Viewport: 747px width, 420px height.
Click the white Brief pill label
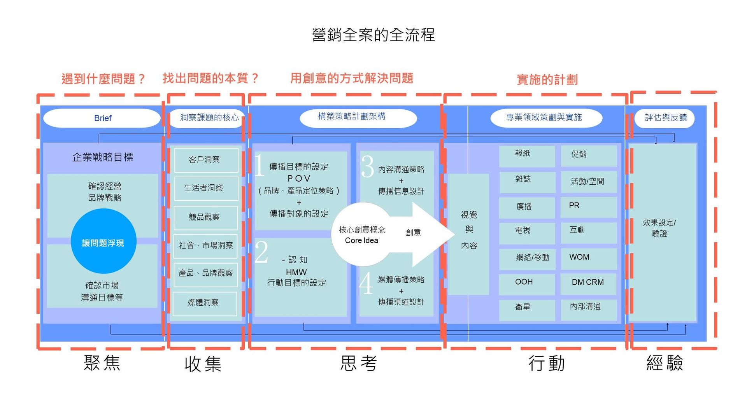102,118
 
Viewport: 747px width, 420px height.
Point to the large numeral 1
260,165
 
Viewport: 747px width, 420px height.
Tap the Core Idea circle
361,234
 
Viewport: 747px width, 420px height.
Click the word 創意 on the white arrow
413,233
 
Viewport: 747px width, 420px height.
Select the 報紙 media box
526,155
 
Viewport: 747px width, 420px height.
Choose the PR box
588,206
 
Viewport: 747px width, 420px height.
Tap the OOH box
526,283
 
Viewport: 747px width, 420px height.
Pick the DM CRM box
588,283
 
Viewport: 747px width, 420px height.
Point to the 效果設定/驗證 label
659,228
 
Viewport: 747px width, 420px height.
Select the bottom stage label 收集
203,364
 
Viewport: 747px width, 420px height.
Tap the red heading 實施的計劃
547,80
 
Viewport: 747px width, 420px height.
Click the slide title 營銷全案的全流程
373,35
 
